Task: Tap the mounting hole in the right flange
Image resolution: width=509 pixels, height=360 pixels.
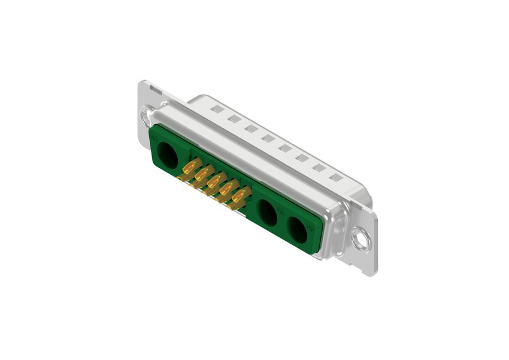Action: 360,240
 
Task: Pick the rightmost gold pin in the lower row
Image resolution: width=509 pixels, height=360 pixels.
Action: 236,206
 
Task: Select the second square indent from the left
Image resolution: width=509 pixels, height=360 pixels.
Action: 234,119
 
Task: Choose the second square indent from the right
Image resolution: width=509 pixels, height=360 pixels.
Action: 319,168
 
